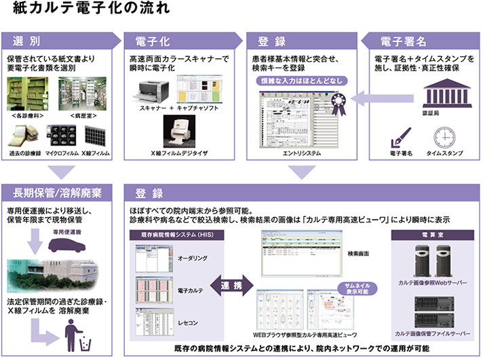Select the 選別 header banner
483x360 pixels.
(x=61, y=40)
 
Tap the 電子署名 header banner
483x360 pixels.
(x=424, y=40)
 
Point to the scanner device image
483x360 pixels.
(x=155, y=89)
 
